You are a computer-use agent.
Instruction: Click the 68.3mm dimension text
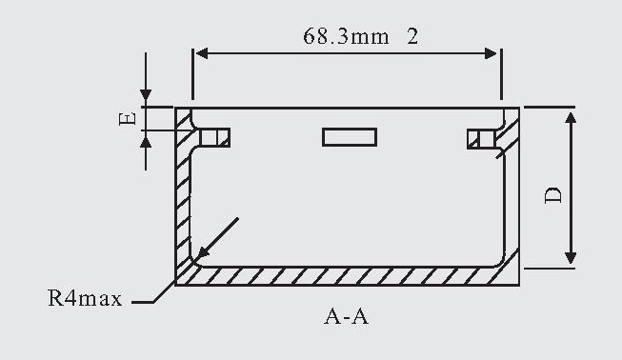pos(346,36)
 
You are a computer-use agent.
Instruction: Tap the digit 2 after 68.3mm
pos(412,36)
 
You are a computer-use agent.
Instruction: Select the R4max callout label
pos(85,298)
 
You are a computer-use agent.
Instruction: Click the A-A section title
pos(347,317)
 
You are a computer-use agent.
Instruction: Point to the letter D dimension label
pos(553,194)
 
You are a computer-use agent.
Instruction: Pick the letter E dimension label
pos(128,118)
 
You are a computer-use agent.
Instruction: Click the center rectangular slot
pos(350,137)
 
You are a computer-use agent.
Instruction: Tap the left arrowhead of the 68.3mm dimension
pos(202,53)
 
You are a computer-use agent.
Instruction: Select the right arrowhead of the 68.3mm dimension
pos(491,53)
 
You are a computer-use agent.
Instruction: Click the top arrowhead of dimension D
pos(571,118)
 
